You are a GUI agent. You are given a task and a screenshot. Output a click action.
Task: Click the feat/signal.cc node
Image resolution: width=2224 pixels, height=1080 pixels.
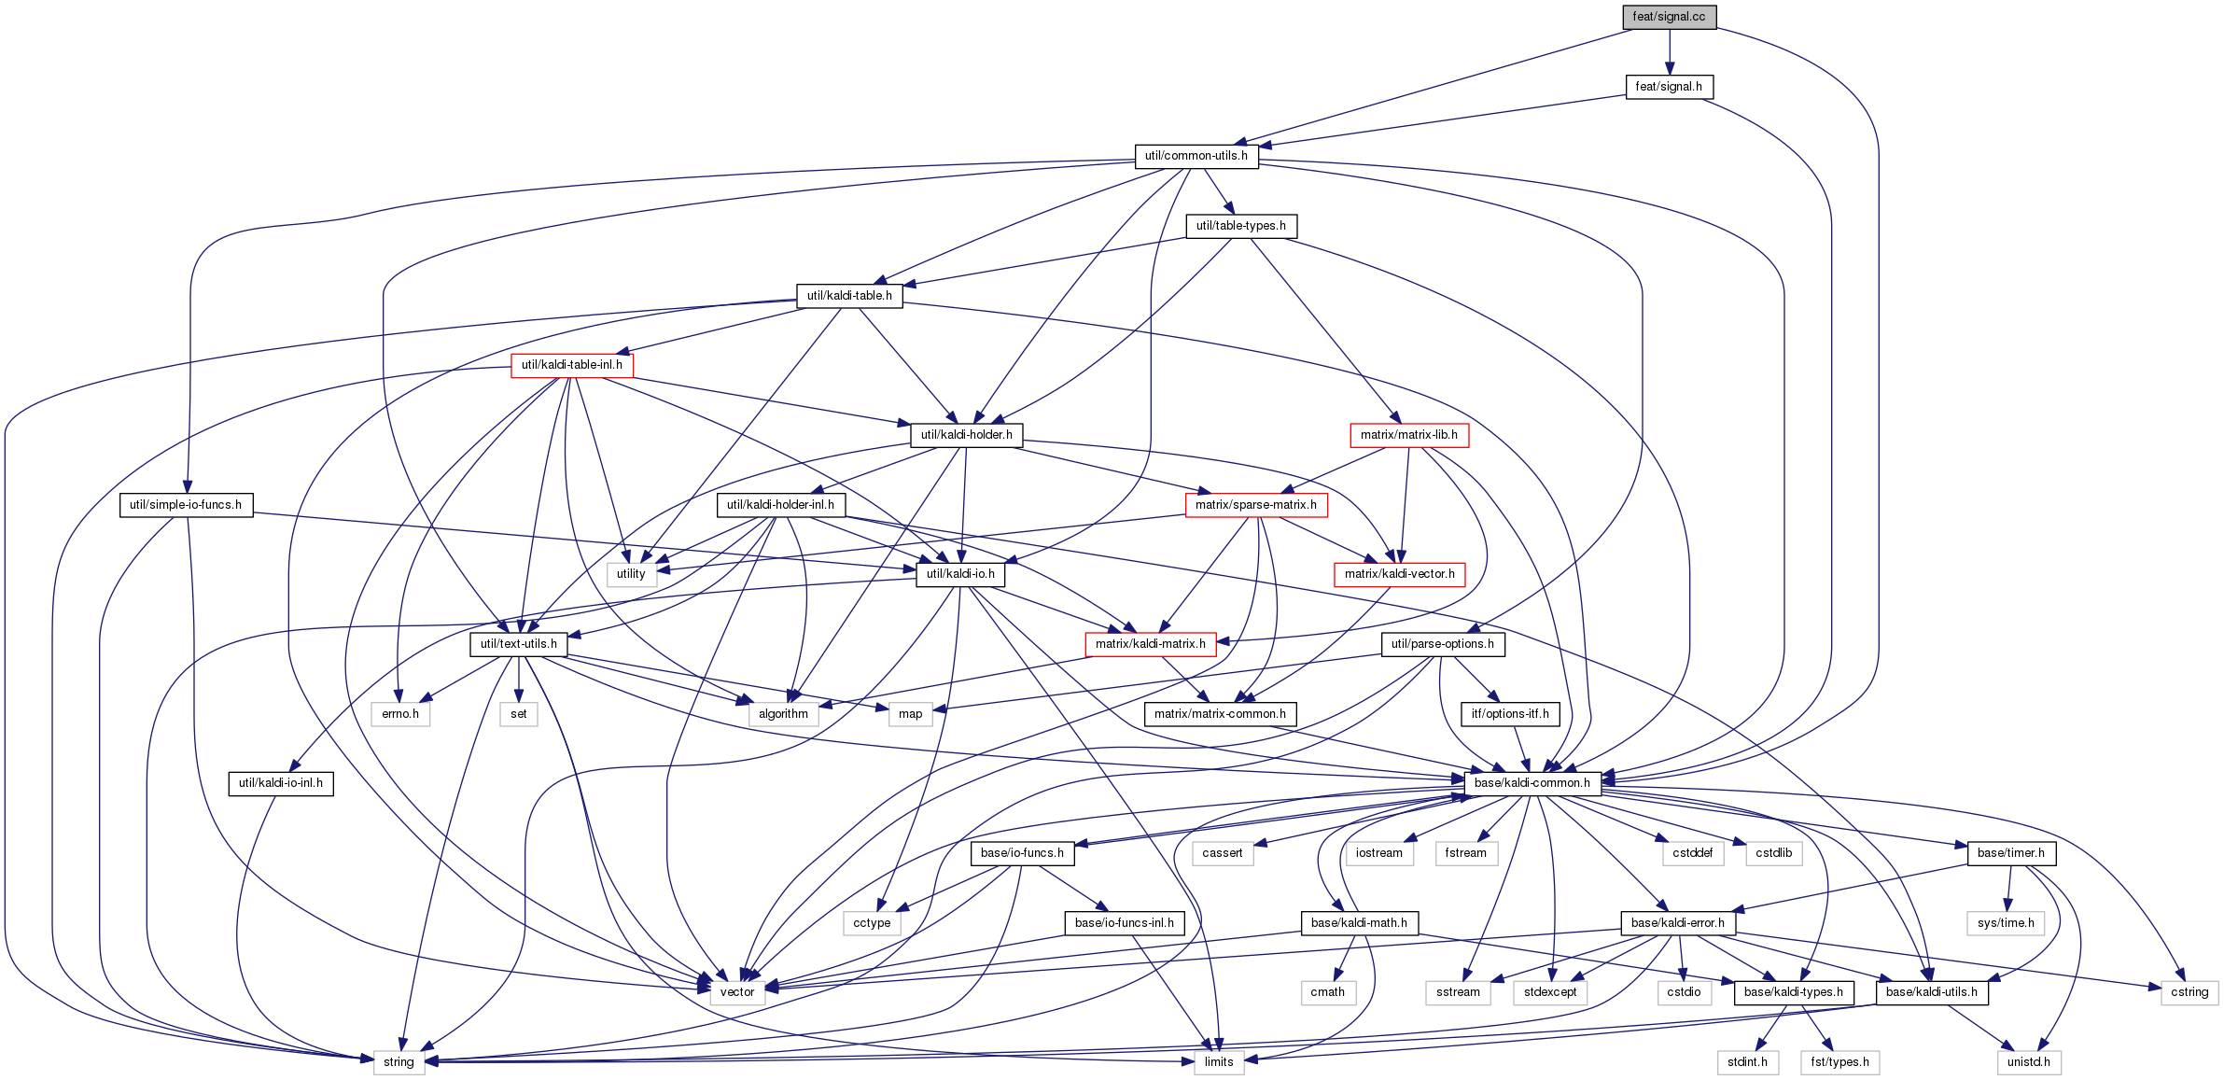coord(1669,17)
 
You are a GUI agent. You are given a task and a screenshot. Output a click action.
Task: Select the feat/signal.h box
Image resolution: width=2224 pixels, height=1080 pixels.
coord(1669,87)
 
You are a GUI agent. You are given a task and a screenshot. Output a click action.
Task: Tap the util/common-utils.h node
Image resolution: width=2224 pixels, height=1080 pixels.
coord(1196,156)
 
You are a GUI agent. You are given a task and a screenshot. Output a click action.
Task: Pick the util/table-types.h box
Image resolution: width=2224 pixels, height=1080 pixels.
coord(1240,226)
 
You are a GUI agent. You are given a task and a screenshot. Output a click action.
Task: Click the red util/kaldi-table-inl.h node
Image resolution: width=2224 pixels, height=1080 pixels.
coord(571,365)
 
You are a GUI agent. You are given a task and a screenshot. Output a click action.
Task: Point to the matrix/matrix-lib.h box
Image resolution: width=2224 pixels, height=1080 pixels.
coord(1408,435)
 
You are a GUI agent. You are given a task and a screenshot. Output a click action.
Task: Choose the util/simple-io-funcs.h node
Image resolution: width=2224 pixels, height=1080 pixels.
coord(186,505)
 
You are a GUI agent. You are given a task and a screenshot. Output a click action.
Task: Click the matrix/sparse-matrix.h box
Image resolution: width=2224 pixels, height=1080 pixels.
coord(1255,505)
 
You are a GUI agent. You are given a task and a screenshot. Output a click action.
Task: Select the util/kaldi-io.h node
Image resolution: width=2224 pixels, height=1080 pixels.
coord(960,574)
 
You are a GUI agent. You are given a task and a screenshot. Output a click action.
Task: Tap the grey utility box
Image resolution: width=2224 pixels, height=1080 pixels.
coord(631,574)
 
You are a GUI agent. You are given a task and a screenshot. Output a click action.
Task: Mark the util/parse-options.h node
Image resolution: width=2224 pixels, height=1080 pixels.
coord(1442,644)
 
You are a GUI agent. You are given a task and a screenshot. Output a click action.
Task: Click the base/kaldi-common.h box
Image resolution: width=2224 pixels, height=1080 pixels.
coord(1532,783)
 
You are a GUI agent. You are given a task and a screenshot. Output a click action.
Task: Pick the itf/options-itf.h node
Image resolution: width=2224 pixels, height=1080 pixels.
coord(1510,714)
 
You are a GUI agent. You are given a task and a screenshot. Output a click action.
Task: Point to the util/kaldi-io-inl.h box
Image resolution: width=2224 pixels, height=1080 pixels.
coord(281,783)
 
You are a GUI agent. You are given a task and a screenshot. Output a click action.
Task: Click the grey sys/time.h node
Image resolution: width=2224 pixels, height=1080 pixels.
coord(2006,923)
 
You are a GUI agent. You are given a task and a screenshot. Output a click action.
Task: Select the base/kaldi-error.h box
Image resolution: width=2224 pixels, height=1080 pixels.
coord(1677,923)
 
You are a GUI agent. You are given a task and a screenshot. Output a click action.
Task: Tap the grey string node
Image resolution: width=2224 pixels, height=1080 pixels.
coord(399,1062)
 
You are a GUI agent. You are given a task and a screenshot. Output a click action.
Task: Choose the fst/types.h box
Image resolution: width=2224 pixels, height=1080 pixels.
coord(1839,1062)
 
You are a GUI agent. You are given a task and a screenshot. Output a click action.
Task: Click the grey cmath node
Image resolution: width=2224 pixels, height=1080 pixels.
coord(1327,992)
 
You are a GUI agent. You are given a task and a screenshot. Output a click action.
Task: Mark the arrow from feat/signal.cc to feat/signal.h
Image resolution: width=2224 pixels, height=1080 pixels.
coord(1669,52)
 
